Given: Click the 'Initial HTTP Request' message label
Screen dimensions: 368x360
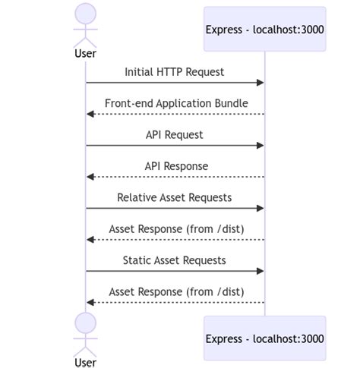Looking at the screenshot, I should (175, 71).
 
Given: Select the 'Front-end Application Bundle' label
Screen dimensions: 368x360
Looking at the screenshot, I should (176, 103).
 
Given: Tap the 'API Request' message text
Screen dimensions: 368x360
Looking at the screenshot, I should (175, 134).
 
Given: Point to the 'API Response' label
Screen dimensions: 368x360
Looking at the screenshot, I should (176, 166).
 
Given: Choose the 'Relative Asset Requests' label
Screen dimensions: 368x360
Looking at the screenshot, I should (175, 197).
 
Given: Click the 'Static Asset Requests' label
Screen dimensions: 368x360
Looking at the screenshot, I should (175, 260).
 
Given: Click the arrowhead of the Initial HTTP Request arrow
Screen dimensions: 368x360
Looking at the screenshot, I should (261, 82).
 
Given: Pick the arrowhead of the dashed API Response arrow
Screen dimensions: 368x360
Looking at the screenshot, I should (90, 177).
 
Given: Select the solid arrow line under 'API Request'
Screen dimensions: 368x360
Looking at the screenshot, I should (175, 145).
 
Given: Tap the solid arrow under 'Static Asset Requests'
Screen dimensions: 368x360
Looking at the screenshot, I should (175, 271).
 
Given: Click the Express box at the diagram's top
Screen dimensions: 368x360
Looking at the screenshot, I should (264, 30).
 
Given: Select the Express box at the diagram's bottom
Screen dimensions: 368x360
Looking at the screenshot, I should (264, 338).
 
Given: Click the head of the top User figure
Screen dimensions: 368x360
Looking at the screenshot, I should (86, 14).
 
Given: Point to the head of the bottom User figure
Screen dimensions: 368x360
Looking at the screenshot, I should (86, 322).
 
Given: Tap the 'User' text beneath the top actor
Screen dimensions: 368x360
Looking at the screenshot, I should (86, 54).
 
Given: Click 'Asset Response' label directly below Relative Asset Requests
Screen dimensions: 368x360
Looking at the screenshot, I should (176, 229).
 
